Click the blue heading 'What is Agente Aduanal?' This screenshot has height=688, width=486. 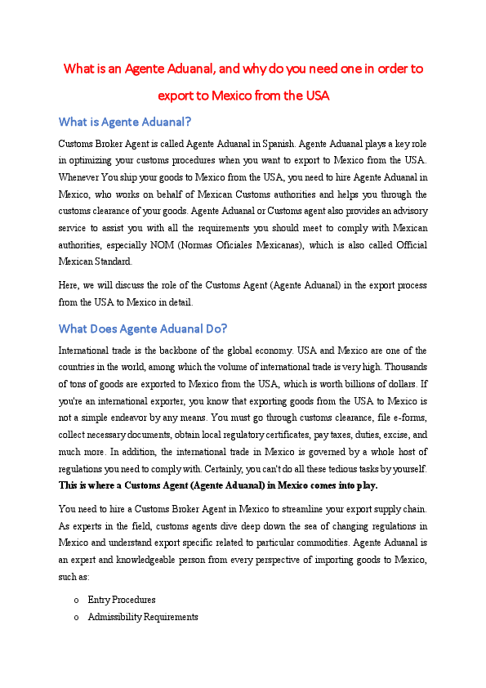(x=124, y=122)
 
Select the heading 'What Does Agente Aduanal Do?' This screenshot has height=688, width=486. (x=143, y=329)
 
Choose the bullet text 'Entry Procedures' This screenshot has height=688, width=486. (x=121, y=600)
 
